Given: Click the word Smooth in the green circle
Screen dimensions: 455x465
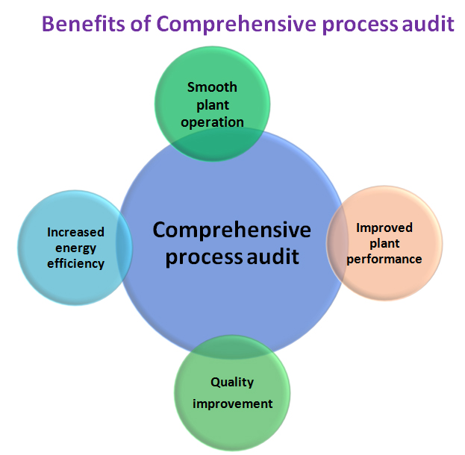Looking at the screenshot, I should pos(212,87).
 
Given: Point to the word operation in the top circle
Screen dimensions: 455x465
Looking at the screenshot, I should pos(212,122).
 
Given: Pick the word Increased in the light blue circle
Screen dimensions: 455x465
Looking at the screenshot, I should pos(75,231).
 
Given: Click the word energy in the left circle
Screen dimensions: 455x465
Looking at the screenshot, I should pos(75,248).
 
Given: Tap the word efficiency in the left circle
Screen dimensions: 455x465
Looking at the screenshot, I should pos(75,263).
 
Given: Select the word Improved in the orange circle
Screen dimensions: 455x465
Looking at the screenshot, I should pos(384,228).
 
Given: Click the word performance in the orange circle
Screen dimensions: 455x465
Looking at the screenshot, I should pos(384,259).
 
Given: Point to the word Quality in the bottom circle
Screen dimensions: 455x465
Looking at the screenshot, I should pos(231,382).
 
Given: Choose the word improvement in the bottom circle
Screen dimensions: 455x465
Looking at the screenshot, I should pos(232,404).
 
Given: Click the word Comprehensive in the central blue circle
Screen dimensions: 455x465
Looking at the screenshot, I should pos(231,230).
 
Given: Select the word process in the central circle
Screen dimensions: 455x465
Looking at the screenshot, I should pos(203,258).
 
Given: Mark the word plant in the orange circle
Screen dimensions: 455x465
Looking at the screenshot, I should pos(384,243).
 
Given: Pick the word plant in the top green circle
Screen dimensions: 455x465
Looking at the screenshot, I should pos(212,104).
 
